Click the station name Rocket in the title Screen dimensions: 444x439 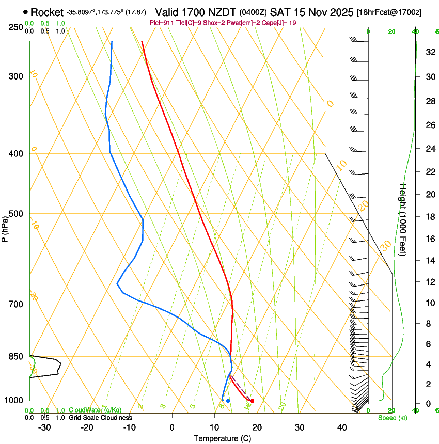pos(46,12)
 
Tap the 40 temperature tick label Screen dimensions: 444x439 pos(341,427)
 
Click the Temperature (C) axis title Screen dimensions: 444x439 pos(222,438)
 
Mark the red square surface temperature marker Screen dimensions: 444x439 pos(252,401)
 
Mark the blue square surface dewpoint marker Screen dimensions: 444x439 pos(228,401)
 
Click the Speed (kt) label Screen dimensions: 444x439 pos(393,418)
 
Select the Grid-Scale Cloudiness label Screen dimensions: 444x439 pos(100,418)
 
